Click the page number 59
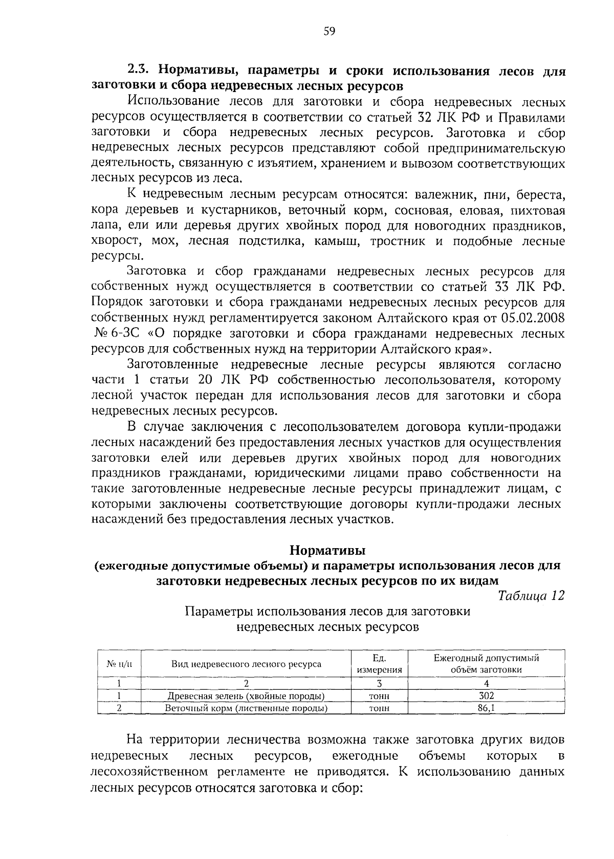coord(329,32)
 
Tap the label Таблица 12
coord(531,596)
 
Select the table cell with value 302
coord(486,696)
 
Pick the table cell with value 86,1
coord(486,708)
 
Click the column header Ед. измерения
coord(379,664)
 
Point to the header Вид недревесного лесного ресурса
coord(246,664)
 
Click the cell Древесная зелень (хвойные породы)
coord(246,696)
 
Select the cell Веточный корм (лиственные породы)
coord(246,708)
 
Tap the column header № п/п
coord(119,664)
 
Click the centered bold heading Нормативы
coord(327,551)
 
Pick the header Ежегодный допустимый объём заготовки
coord(486,664)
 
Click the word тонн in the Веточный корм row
coord(379,708)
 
